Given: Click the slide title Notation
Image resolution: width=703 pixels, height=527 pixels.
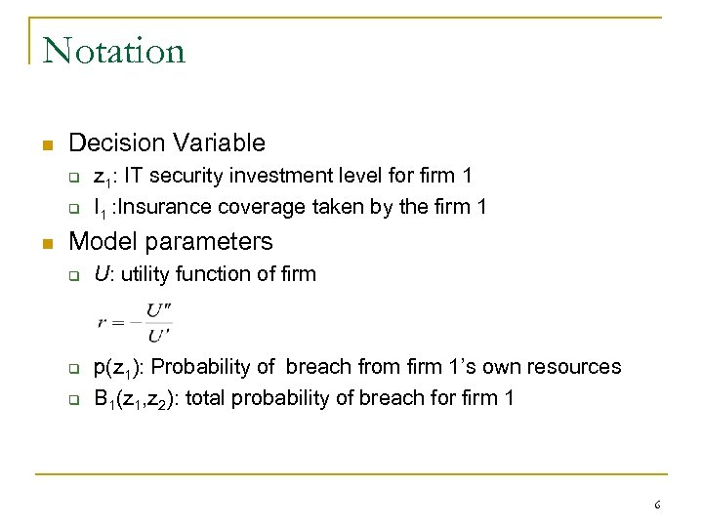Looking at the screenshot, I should click(114, 50).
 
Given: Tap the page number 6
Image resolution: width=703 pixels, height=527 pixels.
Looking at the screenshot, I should click(657, 506).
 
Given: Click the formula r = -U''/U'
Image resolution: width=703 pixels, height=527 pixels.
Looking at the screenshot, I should click(135, 321).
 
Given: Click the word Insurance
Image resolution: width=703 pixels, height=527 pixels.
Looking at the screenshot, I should click(167, 206).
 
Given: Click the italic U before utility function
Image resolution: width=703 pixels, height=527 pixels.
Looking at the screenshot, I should click(100, 274).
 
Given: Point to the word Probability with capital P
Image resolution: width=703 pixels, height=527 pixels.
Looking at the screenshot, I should click(195, 368).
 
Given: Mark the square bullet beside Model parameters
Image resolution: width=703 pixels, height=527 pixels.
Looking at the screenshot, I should click(46, 242).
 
